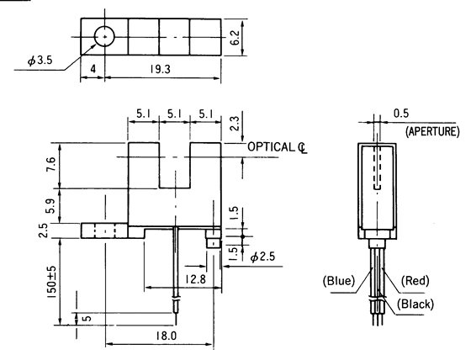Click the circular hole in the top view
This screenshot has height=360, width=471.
(104, 38)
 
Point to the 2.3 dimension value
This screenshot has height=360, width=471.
(234, 124)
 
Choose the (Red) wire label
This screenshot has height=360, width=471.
(416, 279)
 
